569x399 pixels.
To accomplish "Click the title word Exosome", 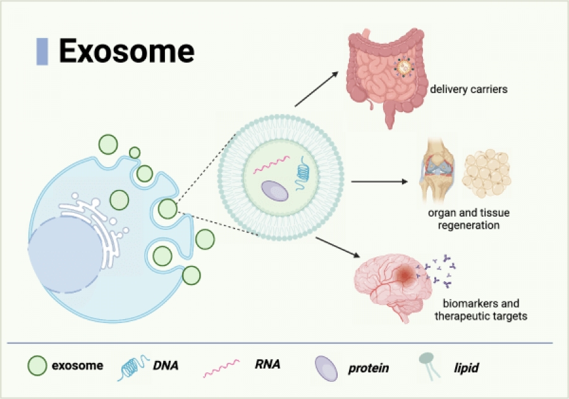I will (x=126, y=51).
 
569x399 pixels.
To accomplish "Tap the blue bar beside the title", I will (x=42, y=51).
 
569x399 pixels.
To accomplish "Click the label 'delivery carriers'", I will (x=468, y=89).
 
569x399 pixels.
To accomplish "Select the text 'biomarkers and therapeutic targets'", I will (x=480, y=309).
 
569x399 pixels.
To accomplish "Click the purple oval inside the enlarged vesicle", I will (x=274, y=192).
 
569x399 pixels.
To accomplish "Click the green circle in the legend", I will (x=37, y=365).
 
